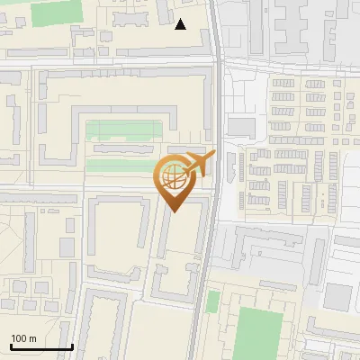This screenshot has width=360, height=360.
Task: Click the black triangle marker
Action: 181,24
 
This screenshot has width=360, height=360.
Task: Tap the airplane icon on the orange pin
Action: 199,163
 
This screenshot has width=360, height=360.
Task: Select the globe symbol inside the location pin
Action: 172,175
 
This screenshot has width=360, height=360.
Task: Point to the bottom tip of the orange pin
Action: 174,211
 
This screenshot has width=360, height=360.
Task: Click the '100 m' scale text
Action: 23,338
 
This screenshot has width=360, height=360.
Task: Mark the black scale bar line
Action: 41,346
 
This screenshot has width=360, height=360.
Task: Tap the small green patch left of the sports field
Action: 212,301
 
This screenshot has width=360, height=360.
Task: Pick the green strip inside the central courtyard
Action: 121,130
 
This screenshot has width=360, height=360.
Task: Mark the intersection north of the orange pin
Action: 219,63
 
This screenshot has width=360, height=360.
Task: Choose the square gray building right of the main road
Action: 241,126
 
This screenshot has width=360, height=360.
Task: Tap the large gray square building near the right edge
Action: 337,296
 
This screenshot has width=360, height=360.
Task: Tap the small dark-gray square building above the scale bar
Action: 65,247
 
